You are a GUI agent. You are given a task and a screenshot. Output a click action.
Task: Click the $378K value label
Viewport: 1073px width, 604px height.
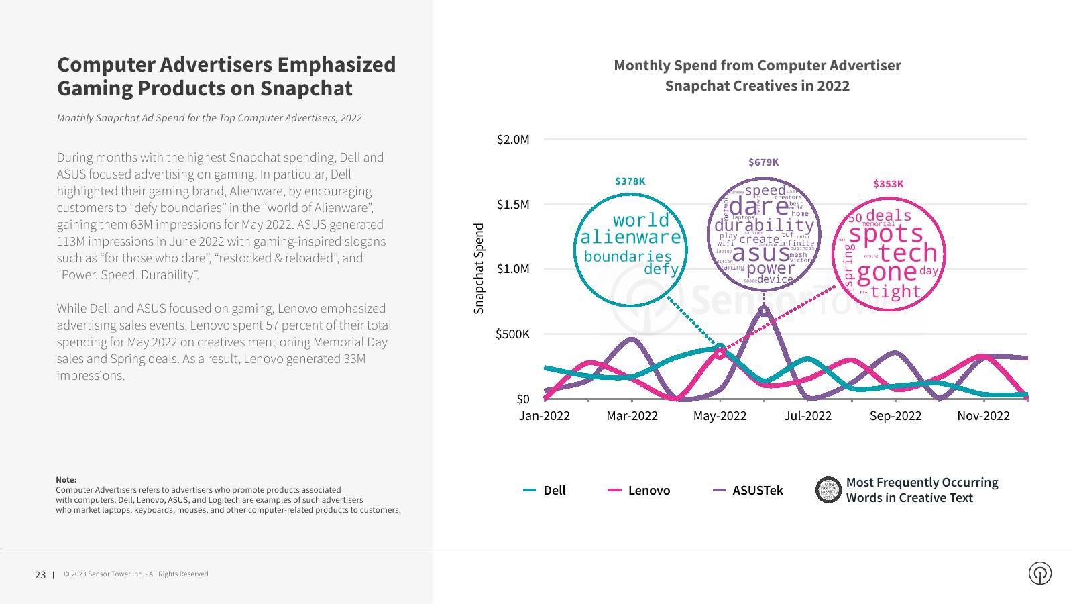coord(630,181)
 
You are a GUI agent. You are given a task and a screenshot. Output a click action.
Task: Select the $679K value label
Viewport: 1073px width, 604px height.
coord(763,162)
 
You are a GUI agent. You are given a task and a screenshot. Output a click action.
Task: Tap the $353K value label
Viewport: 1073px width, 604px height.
coord(888,184)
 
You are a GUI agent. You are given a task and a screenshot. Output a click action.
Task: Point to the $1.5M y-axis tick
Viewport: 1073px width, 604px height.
coord(513,205)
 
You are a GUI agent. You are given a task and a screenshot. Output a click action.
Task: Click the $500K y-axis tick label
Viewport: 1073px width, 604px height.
coord(512,334)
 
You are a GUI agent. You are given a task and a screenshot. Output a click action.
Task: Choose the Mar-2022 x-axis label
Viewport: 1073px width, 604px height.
coord(632,416)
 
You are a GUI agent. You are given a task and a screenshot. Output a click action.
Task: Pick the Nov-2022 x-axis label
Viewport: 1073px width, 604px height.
coord(983,416)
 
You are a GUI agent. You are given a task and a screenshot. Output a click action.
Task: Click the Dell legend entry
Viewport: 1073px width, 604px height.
coord(545,491)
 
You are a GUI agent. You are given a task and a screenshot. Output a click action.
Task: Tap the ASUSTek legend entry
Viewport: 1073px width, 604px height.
coord(748,491)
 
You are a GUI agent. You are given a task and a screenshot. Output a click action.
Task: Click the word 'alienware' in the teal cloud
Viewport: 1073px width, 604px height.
coord(630,238)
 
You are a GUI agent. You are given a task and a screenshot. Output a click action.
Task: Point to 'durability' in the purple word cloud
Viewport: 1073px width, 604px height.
coord(764,225)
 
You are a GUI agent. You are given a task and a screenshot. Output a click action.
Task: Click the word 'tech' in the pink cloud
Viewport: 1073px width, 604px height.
coord(907,253)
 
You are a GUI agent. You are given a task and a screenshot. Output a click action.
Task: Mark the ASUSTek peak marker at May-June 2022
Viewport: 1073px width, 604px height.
coord(764,311)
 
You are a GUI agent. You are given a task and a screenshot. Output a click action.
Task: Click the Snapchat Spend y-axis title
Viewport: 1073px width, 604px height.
coord(479,268)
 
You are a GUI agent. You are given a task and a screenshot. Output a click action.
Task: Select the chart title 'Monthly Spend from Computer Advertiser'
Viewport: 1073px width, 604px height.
coord(757,66)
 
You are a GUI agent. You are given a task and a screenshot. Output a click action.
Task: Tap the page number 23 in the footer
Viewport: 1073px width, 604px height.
coord(40,575)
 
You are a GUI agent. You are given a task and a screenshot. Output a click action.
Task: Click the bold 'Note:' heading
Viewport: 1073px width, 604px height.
coord(66,480)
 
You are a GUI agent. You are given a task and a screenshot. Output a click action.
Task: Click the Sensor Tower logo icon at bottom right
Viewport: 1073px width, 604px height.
coord(1040,573)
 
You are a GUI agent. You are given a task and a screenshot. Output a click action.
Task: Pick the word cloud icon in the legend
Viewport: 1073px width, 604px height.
coord(828,490)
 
